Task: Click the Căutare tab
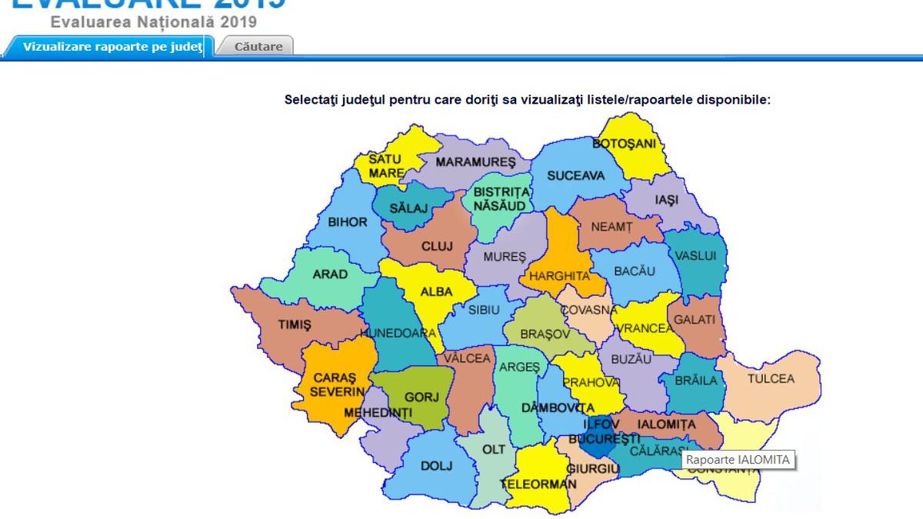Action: (x=258, y=46)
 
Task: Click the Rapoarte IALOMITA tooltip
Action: (x=738, y=460)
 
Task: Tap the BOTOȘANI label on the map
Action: (x=624, y=144)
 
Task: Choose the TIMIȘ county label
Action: (x=295, y=325)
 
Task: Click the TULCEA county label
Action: (x=770, y=378)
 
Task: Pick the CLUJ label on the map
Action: (x=437, y=246)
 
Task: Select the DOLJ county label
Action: (x=436, y=465)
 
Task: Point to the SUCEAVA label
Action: (x=575, y=175)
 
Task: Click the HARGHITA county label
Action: (x=559, y=275)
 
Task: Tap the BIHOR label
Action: (x=348, y=222)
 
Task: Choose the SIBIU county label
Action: (x=484, y=310)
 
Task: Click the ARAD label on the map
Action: (x=330, y=274)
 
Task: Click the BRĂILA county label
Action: (x=696, y=380)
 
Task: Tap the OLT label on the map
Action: (x=493, y=448)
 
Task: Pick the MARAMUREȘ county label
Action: (x=475, y=162)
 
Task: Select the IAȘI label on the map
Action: (x=666, y=200)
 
